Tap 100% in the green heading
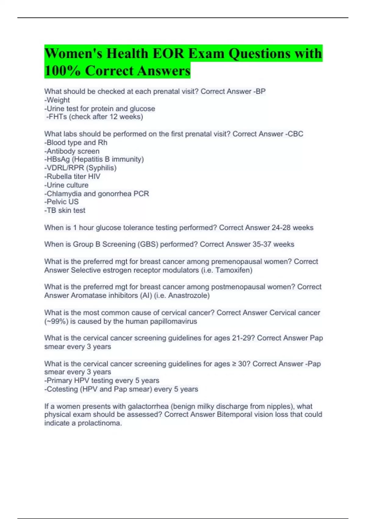tap(63, 71)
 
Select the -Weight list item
tap(57, 100)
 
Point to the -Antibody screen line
tap(72, 151)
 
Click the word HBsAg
tap(58, 159)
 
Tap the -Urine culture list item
tap(66, 185)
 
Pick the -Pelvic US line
tap(62, 202)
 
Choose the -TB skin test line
tap(65, 210)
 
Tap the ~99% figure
tap(56, 321)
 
